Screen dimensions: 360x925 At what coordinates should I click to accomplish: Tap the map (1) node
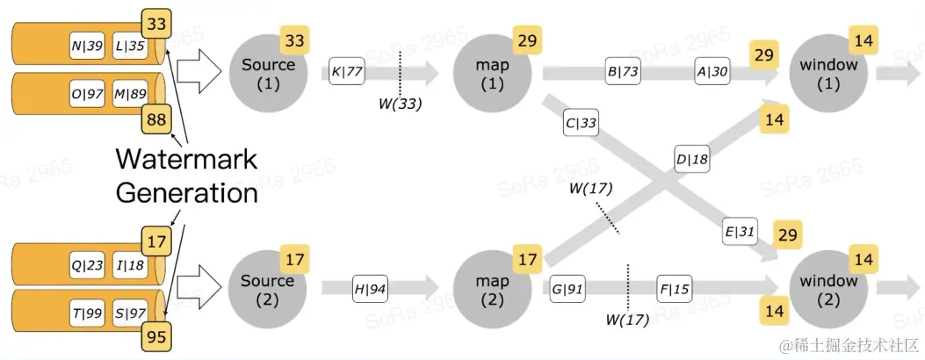[495, 74]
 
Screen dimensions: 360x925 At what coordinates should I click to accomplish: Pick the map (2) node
[495, 290]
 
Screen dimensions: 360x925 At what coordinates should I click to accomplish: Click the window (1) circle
[827, 74]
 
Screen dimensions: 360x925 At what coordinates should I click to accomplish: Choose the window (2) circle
[827, 290]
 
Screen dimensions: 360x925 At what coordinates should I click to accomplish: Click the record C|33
[582, 123]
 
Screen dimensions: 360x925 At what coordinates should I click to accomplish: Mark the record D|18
[692, 159]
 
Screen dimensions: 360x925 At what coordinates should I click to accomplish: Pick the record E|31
[740, 231]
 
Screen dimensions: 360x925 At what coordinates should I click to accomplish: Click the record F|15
[675, 288]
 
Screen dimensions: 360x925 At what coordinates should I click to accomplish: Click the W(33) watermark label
[400, 104]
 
